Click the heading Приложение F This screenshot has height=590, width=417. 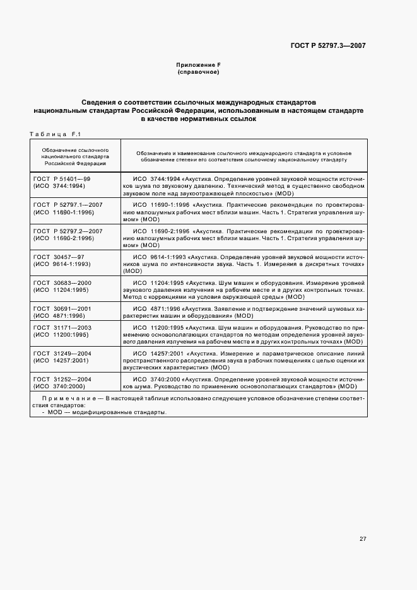pyautogui.click(x=198, y=65)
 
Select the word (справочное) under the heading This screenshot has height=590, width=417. pyautogui.click(x=198, y=72)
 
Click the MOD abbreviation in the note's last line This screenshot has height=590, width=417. pyautogui.click(x=54, y=412)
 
